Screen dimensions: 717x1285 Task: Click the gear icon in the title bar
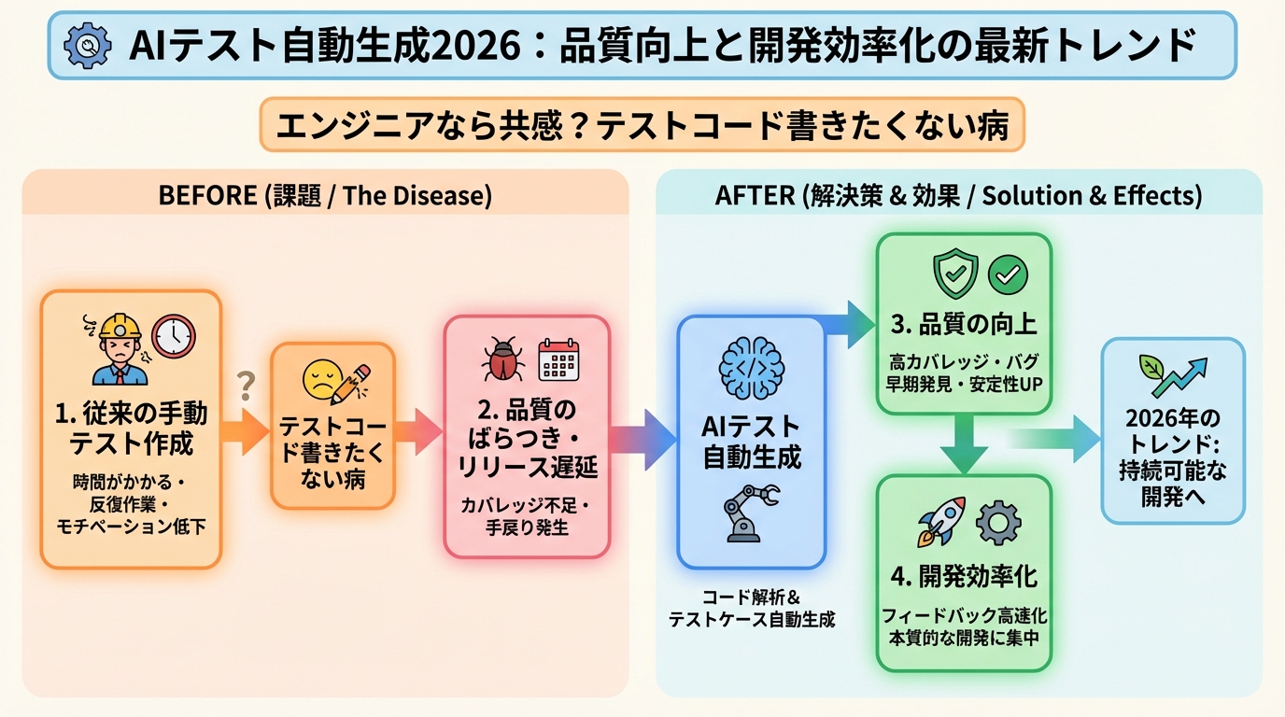pyautogui.click(x=86, y=45)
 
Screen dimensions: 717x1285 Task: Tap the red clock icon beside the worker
pyautogui.click(x=174, y=336)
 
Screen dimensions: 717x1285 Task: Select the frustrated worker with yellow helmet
pyautogui.click(x=118, y=348)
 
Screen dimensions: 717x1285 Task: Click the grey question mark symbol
pyautogui.click(x=247, y=383)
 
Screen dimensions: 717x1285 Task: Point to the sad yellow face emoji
pyautogui.click(x=318, y=380)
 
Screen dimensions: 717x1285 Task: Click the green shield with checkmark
pyautogui.click(x=954, y=274)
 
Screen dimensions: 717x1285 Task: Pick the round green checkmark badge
pyautogui.click(x=1008, y=274)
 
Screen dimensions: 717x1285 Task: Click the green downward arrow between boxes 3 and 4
pyautogui.click(x=963, y=443)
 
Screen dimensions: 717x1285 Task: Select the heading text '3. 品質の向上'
pyautogui.click(x=963, y=325)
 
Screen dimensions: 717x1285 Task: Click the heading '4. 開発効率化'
pyautogui.click(x=963, y=575)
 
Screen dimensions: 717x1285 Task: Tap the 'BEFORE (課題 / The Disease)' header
pyautogui.click(x=325, y=196)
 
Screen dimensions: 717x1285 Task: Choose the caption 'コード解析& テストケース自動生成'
pyautogui.click(x=751, y=607)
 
